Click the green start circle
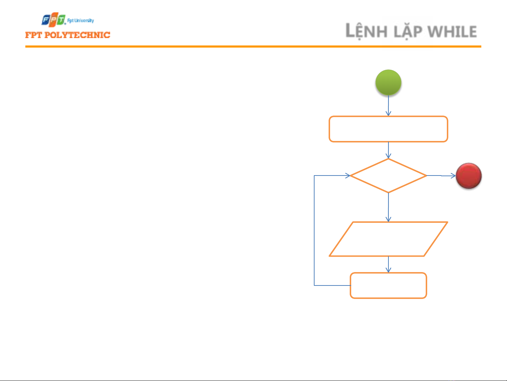click(x=388, y=82)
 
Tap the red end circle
click(x=469, y=176)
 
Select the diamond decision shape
click(x=388, y=176)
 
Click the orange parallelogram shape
click(x=388, y=239)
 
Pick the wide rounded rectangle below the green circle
click(x=388, y=129)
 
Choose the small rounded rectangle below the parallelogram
click(x=388, y=285)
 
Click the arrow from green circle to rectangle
click(x=388, y=105)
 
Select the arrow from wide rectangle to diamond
click(x=388, y=150)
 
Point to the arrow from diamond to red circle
click(x=441, y=176)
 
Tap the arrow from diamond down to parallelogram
click(x=388, y=207)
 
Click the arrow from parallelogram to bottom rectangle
click(x=388, y=264)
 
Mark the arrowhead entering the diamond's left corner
click(x=348, y=176)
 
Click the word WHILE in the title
click(x=452, y=32)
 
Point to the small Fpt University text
click(x=81, y=20)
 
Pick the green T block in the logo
click(x=62, y=20)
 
